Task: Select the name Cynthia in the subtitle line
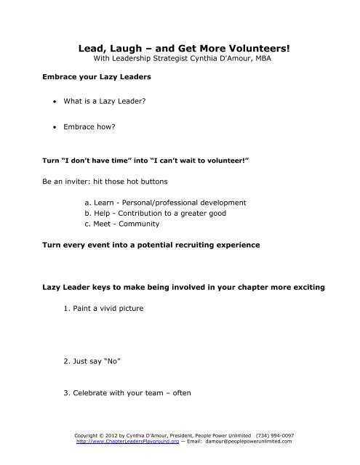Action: point(193,59)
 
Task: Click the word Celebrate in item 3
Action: point(98,393)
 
